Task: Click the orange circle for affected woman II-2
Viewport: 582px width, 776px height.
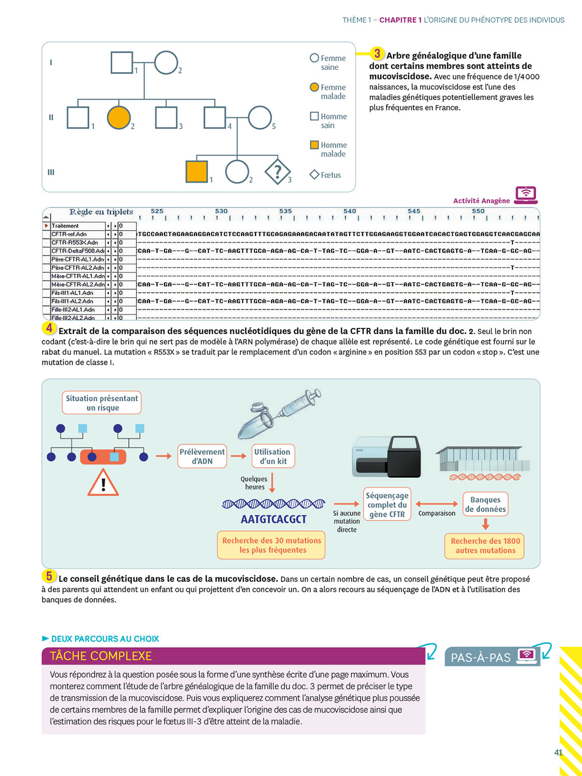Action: (x=118, y=117)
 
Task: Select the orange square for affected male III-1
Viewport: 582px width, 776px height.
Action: (x=197, y=171)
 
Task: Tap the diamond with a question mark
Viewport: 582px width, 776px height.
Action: (x=278, y=171)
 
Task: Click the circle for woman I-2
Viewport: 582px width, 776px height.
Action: (x=166, y=63)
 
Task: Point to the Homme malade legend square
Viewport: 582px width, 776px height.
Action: (x=314, y=145)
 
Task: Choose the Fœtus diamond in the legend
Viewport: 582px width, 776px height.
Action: (x=314, y=175)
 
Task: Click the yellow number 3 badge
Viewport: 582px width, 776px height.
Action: (x=377, y=53)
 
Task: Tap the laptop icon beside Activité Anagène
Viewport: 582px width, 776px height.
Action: (x=526, y=195)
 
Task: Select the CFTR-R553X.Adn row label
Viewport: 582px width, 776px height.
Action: (x=75, y=242)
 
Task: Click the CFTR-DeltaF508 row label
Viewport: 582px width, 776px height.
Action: (x=77, y=251)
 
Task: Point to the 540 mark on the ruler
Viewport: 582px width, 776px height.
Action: (x=350, y=211)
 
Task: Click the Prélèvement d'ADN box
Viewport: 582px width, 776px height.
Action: (x=202, y=456)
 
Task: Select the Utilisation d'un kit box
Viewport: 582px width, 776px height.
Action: (x=273, y=456)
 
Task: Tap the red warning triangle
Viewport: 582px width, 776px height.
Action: (x=103, y=484)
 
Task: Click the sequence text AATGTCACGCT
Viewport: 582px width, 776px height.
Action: (x=274, y=519)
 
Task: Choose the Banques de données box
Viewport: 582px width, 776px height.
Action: (x=485, y=504)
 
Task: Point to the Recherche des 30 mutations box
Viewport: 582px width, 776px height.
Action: (x=272, y=545)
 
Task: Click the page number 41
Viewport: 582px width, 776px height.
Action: (x=558, y=752)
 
